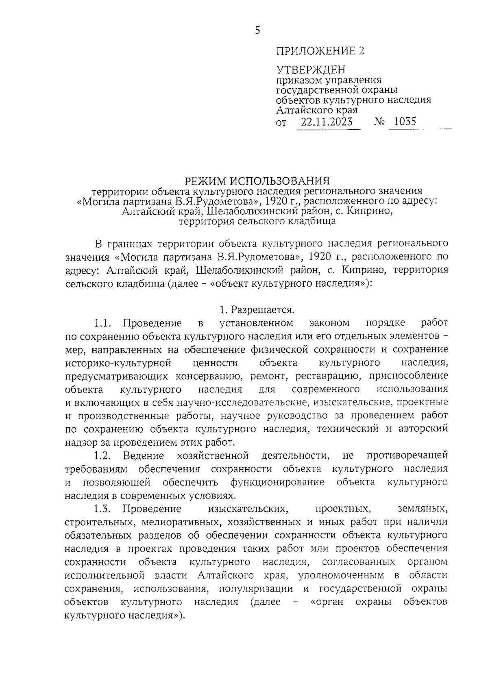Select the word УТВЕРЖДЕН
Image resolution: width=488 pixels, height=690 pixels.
tap(311, 70)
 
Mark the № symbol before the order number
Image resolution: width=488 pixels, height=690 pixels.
tap(379, 122)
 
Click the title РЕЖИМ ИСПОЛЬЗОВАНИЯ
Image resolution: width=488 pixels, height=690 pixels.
tap(257, 180)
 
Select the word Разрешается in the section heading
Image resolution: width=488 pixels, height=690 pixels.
tap(262, 310)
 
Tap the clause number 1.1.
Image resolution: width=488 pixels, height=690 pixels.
tap(103, 323)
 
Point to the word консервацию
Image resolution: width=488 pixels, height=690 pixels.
tap(209, 376)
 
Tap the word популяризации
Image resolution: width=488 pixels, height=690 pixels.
tap(256, 588)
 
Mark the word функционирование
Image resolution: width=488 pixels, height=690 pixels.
tap(277, 482)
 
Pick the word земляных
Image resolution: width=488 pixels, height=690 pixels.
tap(423, 509)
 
